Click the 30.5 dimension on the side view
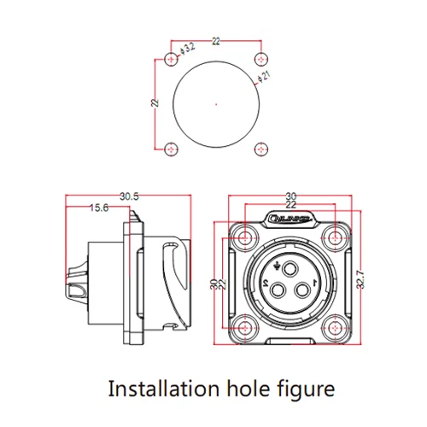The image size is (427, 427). point(130,196)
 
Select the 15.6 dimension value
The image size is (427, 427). point(99,208)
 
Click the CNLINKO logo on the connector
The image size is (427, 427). point(288,219)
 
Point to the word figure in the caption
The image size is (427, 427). point(301,390)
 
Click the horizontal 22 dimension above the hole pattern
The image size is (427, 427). point(217,40)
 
